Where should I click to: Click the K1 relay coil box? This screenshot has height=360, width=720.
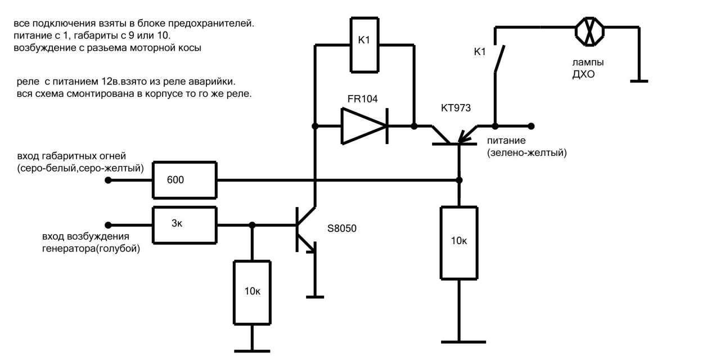coord(364,44)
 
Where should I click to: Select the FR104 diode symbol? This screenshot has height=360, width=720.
coord(364,126)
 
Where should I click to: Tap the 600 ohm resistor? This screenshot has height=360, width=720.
coord(184,180)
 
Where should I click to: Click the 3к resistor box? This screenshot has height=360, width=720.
coord(184,225)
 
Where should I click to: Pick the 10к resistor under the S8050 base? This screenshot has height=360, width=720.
coord(252,292)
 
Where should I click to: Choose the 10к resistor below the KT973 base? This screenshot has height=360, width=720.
coord(459,242)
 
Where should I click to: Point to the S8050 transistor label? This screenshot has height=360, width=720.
coord(341,228)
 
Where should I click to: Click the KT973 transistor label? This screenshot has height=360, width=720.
coord(456,108)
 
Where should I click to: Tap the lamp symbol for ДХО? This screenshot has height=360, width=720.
coord(589,31)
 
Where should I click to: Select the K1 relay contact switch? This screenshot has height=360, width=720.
coord(499,58)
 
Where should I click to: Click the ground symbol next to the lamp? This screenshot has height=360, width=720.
coord(639,82)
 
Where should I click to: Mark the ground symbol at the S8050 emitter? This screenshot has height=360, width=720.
coord(315,297)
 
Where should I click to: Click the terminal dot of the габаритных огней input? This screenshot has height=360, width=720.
coord(109,181)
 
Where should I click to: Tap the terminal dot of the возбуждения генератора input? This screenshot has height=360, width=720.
coord(109,225)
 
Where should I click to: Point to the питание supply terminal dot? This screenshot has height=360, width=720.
coord(532,126)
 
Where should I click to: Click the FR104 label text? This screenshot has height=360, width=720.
coord(363,99)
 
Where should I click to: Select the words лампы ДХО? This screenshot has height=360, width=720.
coord(588,68)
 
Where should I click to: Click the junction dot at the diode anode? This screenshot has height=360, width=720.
coord(315,126)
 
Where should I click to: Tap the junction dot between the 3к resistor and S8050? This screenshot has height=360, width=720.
coord(252,225)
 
